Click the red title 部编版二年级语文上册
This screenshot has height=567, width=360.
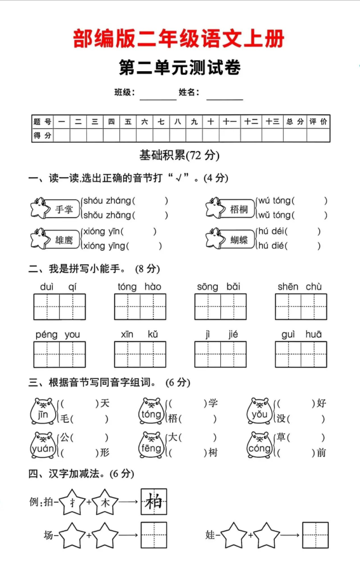point(179,39)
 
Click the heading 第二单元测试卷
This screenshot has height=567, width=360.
point(180,68)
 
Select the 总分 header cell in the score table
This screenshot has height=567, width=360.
point(295,121)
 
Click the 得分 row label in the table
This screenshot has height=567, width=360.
point(43,135)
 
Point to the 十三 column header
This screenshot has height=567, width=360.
point(272,121)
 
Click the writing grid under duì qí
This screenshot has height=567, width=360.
point(60,307)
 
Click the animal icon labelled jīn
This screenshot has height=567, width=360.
point(43,411)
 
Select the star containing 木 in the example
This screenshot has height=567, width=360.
point(105,502)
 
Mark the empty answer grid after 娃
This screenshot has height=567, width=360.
point(315,535)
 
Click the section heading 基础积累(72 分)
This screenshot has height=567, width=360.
point(180,155)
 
